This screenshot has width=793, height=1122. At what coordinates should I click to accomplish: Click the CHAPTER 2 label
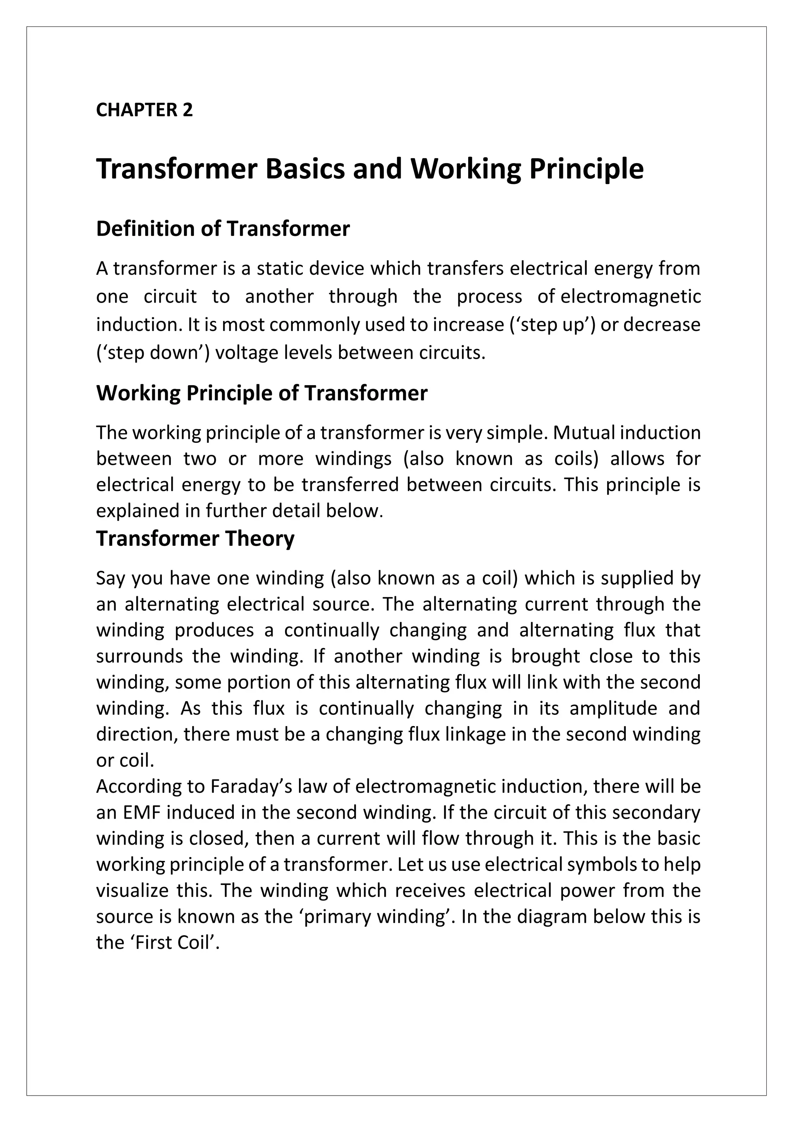pyautogui.click(x=144, y=110)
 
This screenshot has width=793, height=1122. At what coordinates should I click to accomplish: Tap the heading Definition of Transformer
pyautogui.click(x=223, y=229)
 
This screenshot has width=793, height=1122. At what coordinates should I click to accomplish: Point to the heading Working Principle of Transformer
pyautogui.click(x=262, y=393)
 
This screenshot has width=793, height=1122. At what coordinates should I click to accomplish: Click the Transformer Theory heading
pyautogui.click(x=195, y=539)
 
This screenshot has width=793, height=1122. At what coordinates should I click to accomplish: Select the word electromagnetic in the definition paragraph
pyautogui.click(x=630, y=297)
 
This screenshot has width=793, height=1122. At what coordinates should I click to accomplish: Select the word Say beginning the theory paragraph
pyautogui.click(x=110, y=578)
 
